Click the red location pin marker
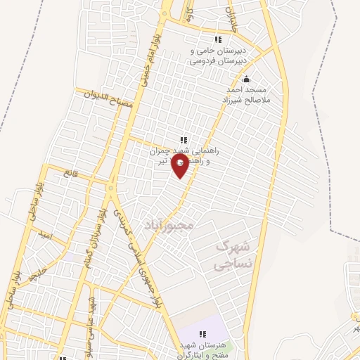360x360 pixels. click(181, 167)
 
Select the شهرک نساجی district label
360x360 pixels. click(233, 256)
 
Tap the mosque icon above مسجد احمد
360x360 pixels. click(245, 79)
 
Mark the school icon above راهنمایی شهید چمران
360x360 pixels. click(184, 139)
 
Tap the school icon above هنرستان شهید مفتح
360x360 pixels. click(202, 334)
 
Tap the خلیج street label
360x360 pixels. click(41, 271)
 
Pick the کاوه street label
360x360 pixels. click(189, 12)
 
